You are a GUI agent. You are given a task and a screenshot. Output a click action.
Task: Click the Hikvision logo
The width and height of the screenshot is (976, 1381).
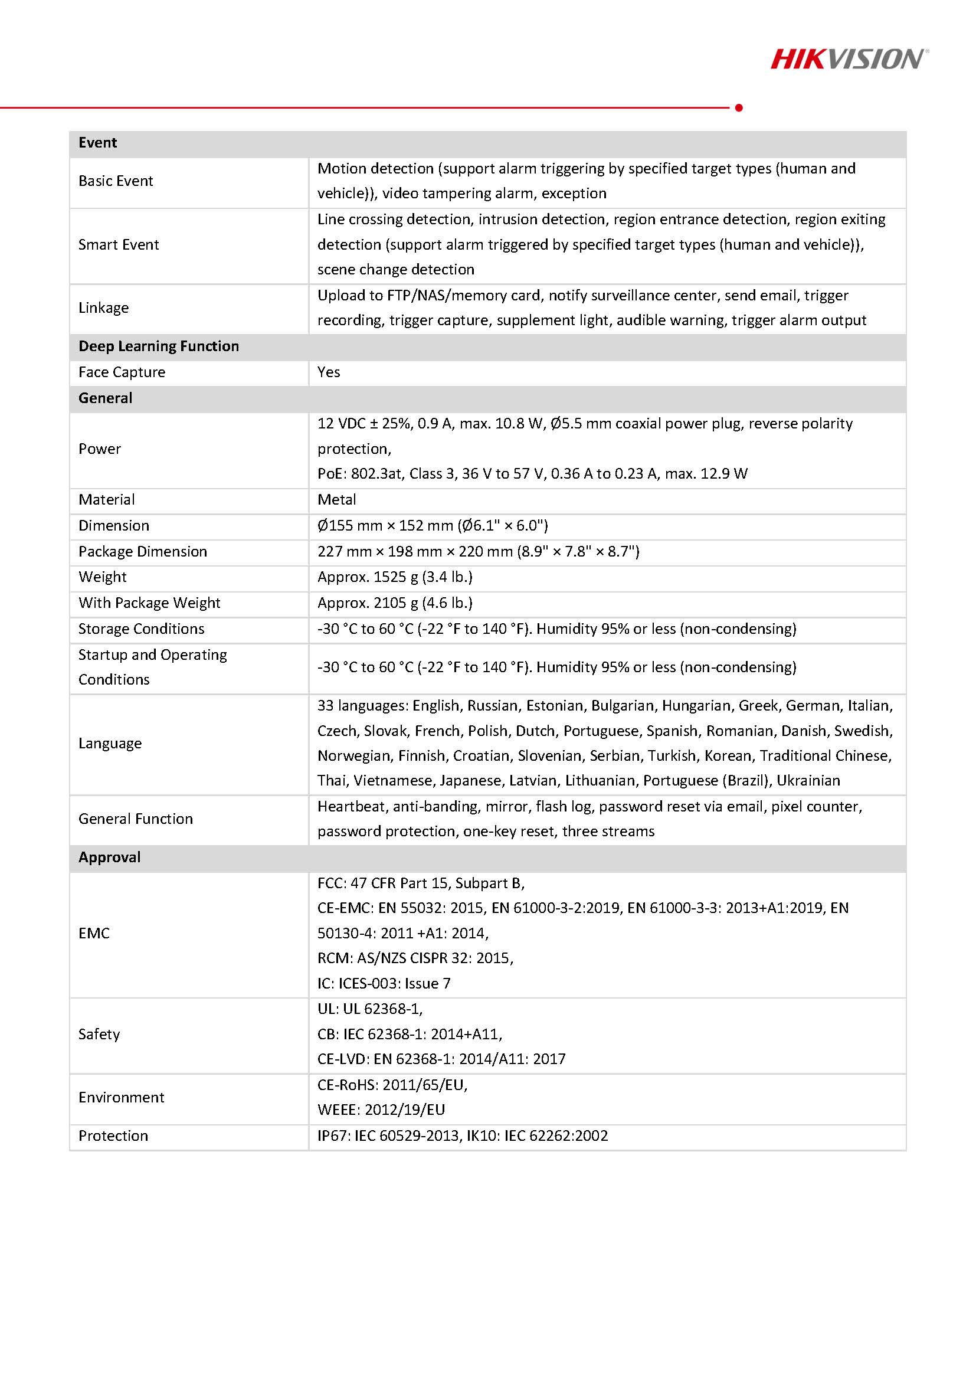click(849, 60)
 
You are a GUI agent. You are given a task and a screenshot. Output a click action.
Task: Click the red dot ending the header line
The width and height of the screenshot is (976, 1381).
click(739, 107)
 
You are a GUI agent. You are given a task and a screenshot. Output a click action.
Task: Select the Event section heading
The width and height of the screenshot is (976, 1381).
click(97, 143)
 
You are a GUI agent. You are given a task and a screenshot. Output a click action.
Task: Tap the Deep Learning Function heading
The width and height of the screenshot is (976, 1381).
click(159, 346)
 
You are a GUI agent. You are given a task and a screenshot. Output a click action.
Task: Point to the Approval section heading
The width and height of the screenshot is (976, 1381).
click(109, 857)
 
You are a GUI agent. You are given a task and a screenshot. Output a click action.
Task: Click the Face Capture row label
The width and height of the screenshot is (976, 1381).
click(122, 372)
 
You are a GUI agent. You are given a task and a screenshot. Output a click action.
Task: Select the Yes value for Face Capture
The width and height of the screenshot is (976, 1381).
click(329, 372)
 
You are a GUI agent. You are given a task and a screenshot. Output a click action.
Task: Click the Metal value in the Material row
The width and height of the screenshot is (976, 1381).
click(337, 499)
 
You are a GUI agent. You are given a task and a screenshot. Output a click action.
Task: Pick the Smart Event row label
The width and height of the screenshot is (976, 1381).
click(119, 244)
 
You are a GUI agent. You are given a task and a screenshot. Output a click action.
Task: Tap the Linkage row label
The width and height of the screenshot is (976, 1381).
click(103, 307)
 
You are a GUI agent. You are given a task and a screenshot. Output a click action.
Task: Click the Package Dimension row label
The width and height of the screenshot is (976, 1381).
click(143, 551)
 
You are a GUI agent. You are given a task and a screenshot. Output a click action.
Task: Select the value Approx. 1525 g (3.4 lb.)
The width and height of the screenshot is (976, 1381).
click(395, 577)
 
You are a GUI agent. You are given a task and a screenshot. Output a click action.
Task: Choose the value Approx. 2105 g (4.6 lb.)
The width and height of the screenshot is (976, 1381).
click(395, 603)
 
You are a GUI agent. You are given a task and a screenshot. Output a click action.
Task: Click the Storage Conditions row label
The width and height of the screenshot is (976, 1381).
click(141, 629)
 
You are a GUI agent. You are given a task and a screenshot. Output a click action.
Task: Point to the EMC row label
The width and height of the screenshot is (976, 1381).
click(94, 933)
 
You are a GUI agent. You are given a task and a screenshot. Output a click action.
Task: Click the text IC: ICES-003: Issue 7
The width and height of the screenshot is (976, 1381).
click(384, 983)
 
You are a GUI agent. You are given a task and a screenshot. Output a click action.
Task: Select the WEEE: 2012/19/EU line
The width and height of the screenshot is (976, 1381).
click(381, 1110)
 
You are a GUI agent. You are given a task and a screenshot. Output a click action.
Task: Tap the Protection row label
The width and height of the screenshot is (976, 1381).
click(113, 1135)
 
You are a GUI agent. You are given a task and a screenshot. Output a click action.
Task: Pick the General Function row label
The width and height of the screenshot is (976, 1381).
click(135, 819)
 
